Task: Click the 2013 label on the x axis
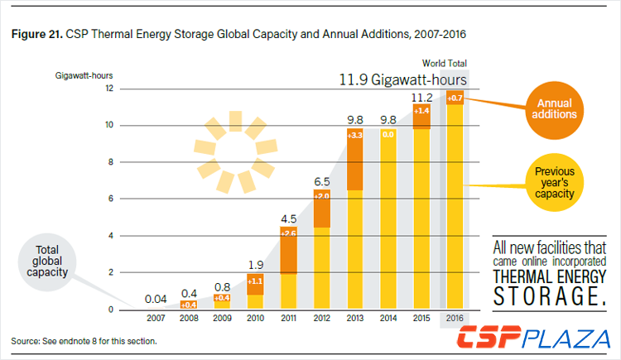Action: (x=354, y=318)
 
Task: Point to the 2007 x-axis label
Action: (x=157, y=318)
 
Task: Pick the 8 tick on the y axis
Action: (x=109, y=162)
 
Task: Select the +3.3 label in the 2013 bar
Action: (x=354, y=135)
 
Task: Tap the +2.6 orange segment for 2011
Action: (x=289, y=234)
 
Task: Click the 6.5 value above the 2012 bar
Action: (x=322, y=181)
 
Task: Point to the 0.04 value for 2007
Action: (x=157, y=299)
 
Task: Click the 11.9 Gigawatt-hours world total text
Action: (x=402, y=80)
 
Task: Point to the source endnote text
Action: (x=84, y=340)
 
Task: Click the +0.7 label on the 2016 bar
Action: (x=454, y=98)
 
